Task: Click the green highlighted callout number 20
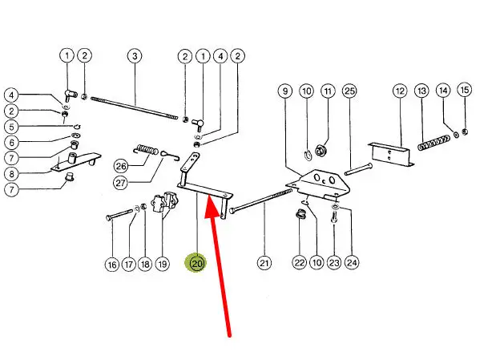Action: tap(196, 262)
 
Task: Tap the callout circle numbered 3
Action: tap(134, 56)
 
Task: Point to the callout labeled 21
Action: tap(264, 262)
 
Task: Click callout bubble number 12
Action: tap(400, 91)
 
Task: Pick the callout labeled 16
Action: tap(112, 262)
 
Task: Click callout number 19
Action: tap(163, 262)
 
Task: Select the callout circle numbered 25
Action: tap(349, 91)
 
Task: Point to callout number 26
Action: tap(121, 167)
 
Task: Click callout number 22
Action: tap(299, 262)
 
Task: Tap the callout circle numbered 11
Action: tap(327, 91)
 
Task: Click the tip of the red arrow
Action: tap(208, 202)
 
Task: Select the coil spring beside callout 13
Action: tap(432, 146)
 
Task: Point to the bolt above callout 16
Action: tap(120, 214)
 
